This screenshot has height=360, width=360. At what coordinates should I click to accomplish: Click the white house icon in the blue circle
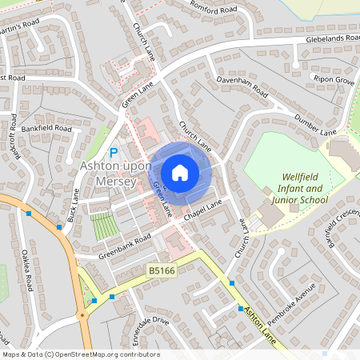180,172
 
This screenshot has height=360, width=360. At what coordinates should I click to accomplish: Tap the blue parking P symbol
114,152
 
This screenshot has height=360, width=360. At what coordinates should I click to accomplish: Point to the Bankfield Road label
46,128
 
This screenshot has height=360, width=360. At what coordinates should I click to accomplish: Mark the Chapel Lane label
202,210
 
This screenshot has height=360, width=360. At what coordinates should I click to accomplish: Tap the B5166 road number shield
161,273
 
